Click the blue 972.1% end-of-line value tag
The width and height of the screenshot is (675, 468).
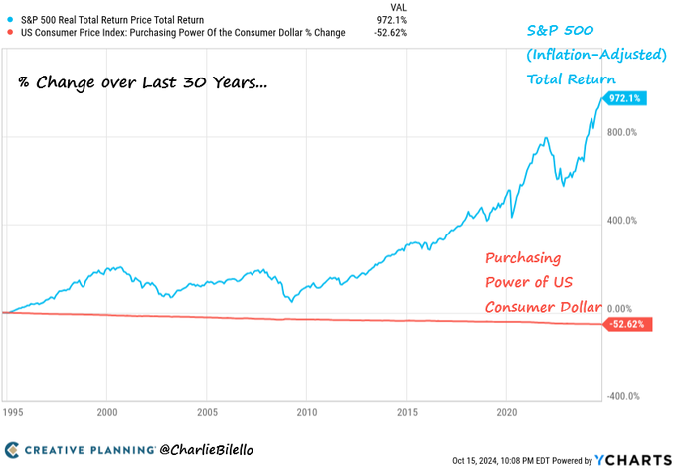(627, 98)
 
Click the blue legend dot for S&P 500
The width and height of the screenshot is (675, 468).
(10, 20)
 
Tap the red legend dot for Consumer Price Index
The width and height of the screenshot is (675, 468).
(10, 33)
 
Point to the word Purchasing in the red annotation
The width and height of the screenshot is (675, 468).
(523, 257)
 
